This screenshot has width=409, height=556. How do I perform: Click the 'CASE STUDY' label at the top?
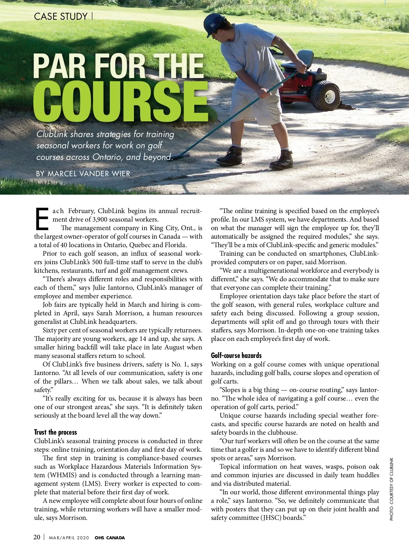click(61, 16)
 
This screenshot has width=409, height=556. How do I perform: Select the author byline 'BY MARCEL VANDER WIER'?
click(83, 174)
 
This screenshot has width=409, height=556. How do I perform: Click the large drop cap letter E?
click(42, 218)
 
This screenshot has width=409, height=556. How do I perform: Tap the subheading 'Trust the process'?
click(56, 432)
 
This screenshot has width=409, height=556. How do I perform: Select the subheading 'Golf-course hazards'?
click(236, 356)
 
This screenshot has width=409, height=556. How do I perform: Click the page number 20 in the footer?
click(37, 537)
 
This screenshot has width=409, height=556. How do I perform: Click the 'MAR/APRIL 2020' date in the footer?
click(69, 538)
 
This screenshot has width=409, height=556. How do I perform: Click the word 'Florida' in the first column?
click(176, 245)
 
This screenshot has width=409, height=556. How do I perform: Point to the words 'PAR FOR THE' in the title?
click(118, 66)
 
